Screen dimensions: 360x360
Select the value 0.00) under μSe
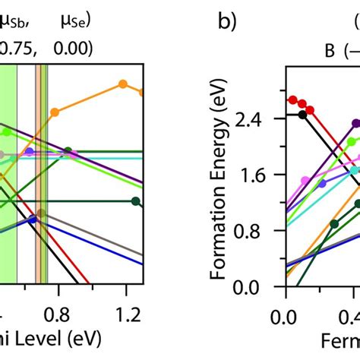(73, 48)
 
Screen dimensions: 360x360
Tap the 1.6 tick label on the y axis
(261, 175)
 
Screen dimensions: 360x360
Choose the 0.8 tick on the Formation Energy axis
(261, 232)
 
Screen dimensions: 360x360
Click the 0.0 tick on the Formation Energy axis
(261, 288)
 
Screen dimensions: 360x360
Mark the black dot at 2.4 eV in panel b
(302, 114)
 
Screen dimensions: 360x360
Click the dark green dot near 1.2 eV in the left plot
(135, 201)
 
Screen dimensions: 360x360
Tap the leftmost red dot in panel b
(292, 99)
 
